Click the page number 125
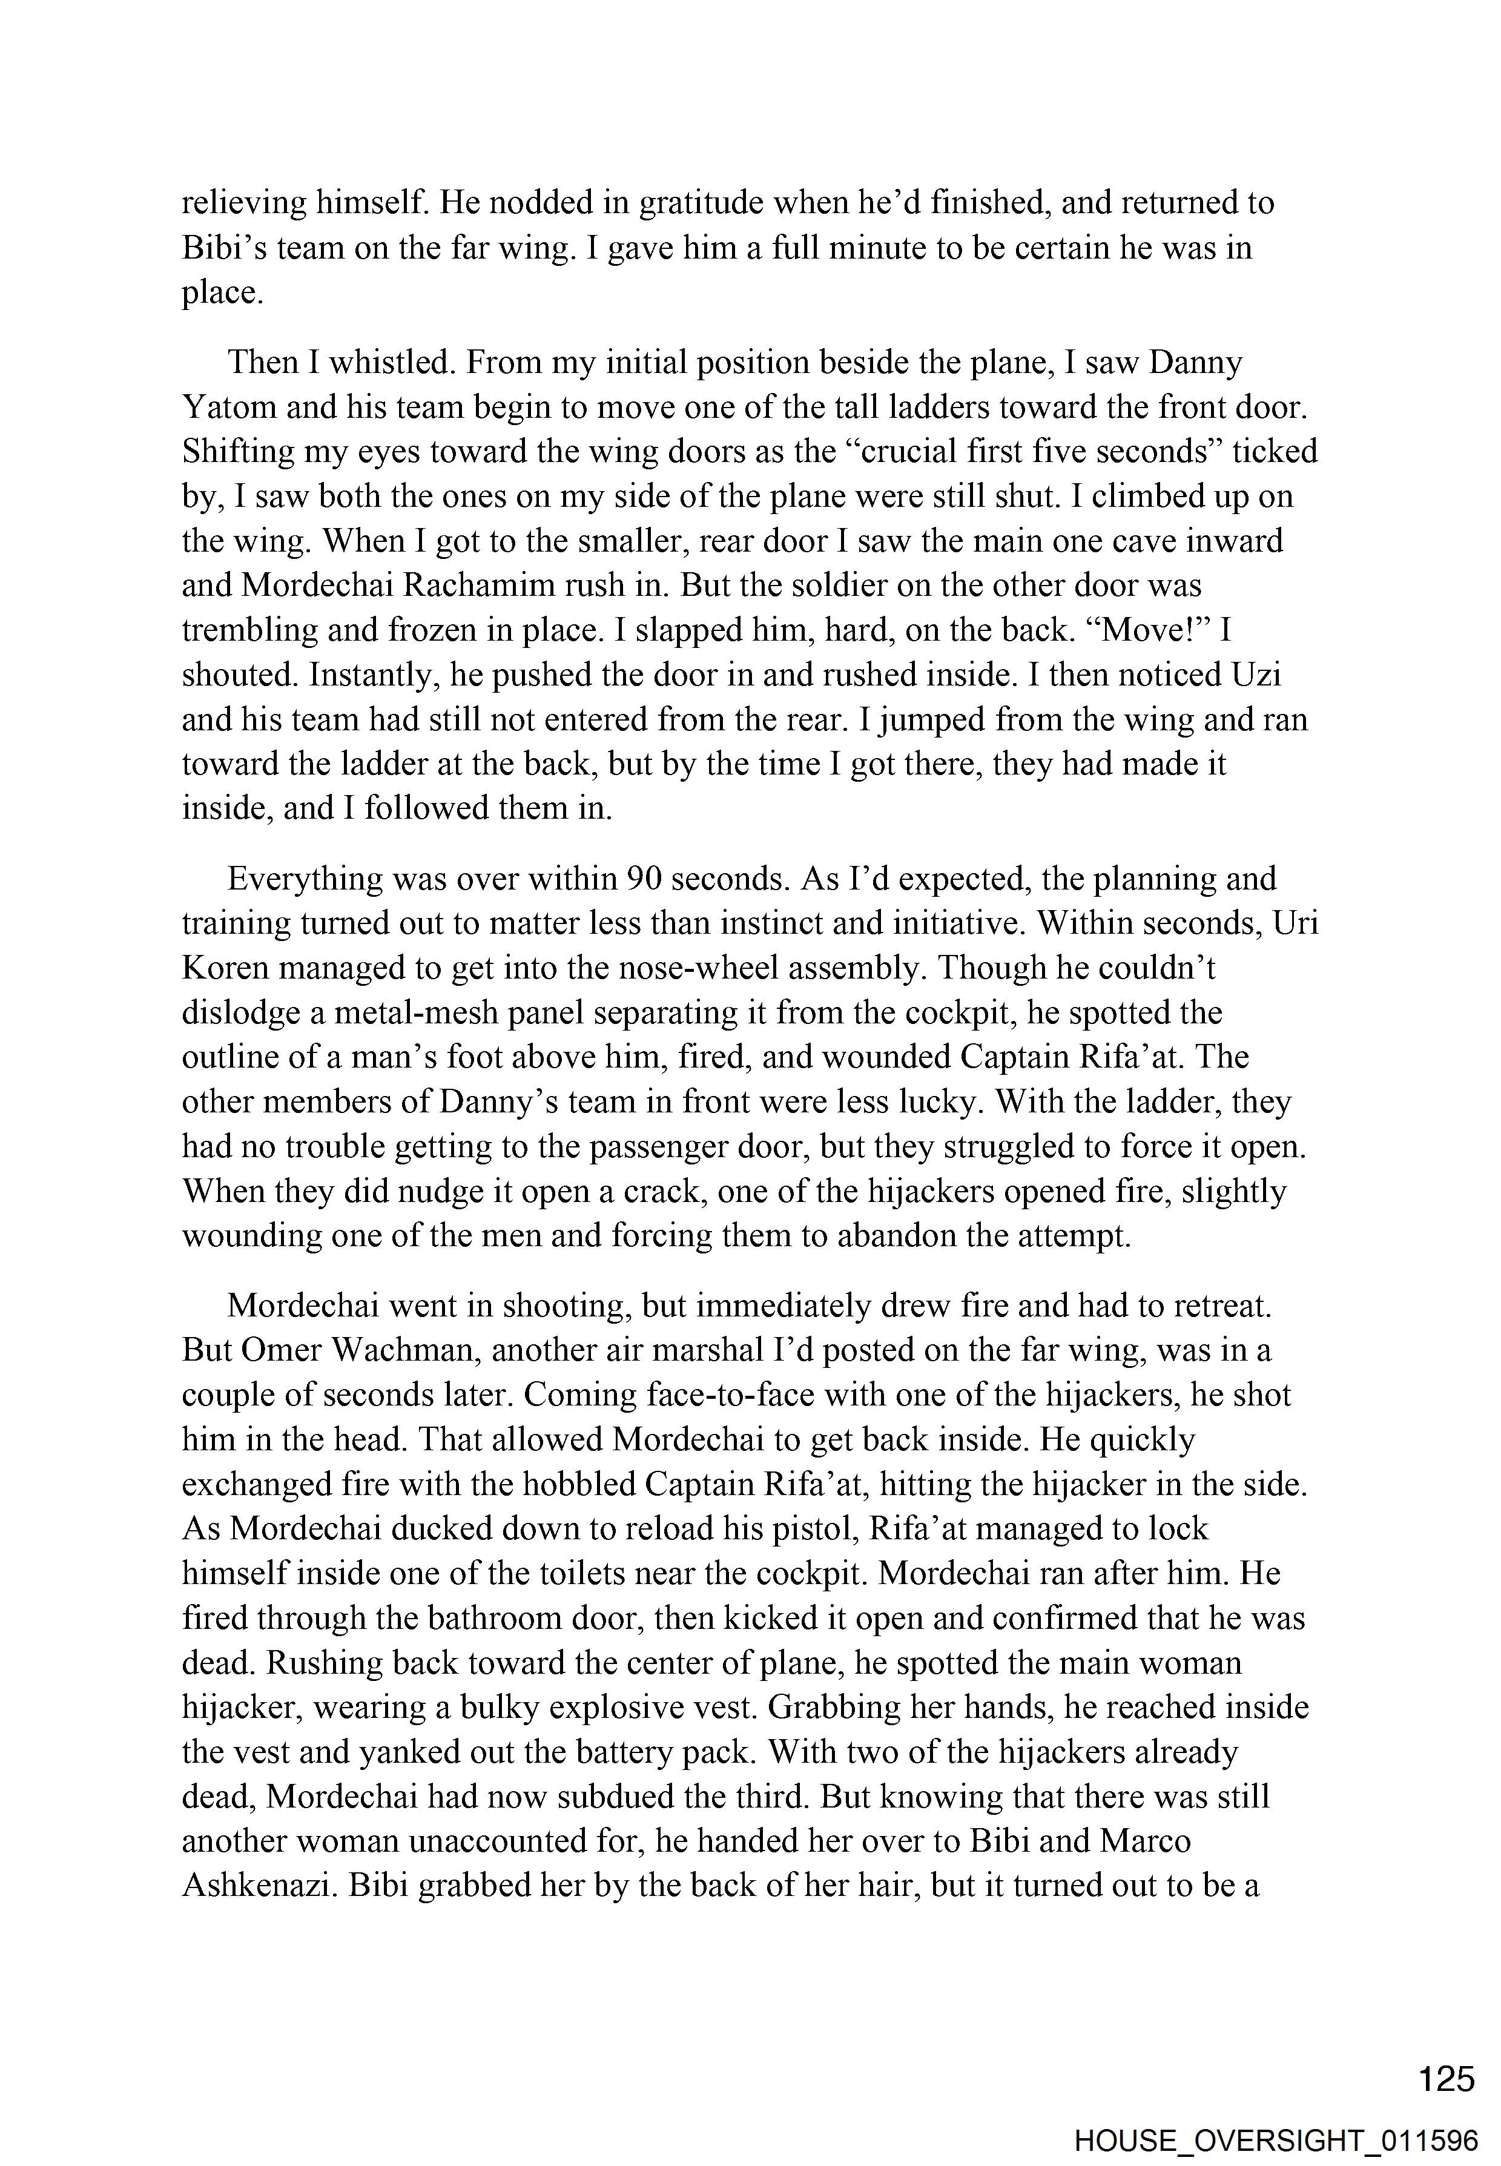[x=1447, y=2078]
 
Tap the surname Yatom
[x=228, y=408]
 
